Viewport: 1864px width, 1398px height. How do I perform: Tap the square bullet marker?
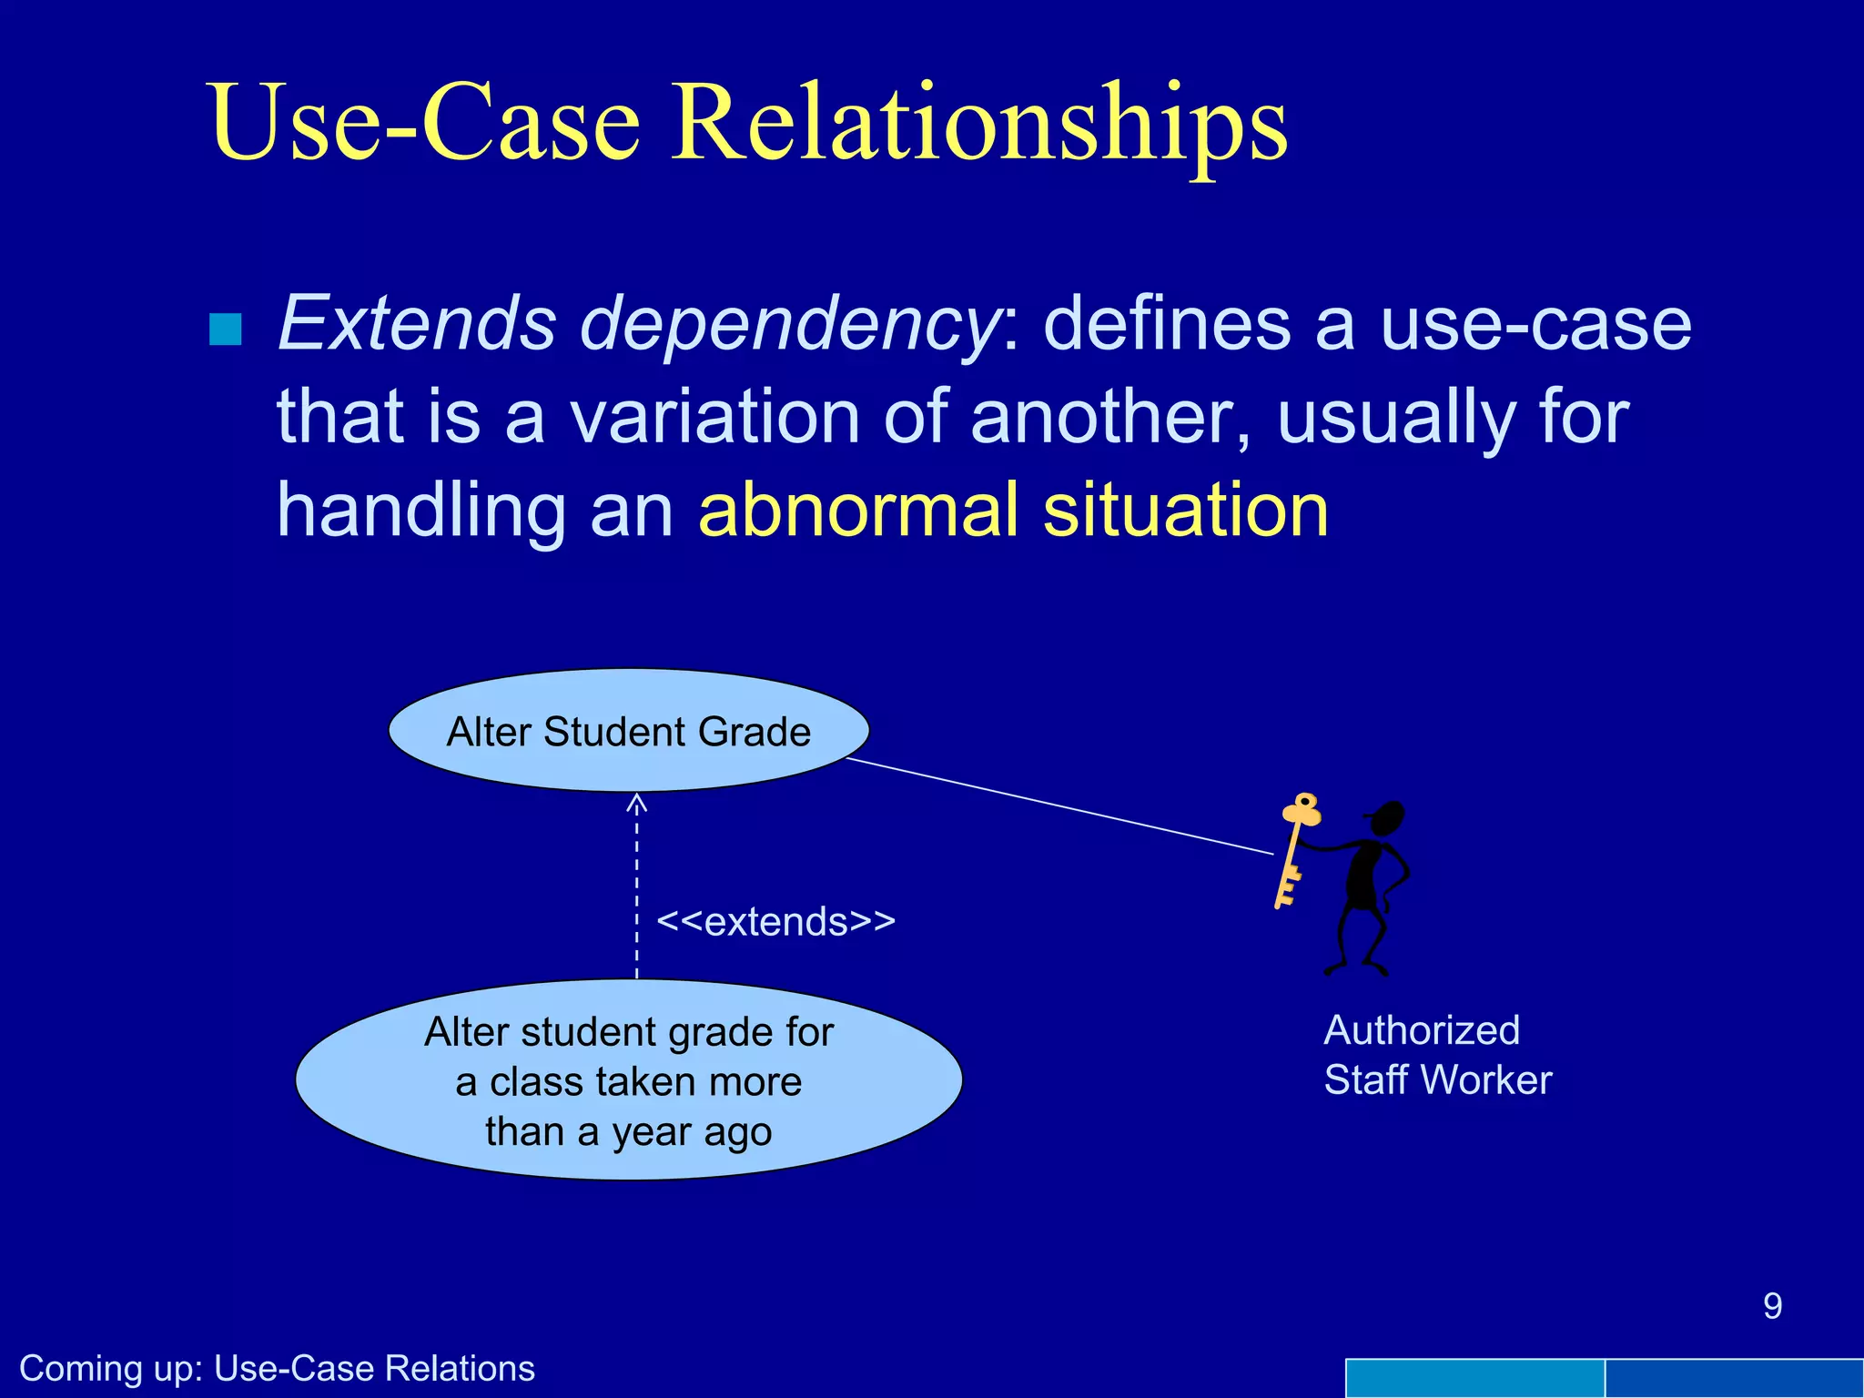tap(225, 329)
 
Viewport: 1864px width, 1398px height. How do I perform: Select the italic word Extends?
tap(416, 323)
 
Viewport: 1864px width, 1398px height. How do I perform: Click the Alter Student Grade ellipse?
tap(628, 731)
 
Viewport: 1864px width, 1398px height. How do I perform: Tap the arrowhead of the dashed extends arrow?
tap(637, 802)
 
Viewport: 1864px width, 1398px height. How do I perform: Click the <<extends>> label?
tap(775, 921)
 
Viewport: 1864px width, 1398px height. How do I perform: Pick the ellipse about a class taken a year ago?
tap(628, 1080)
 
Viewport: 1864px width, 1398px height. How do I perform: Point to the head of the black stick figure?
tap(1387, 818)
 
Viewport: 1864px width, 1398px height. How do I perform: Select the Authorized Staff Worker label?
tap(1436, 1055)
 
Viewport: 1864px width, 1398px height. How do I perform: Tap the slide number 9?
tap(1771, 1306)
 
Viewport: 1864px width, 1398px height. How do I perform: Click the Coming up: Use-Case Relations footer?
tap(277, 1368)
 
